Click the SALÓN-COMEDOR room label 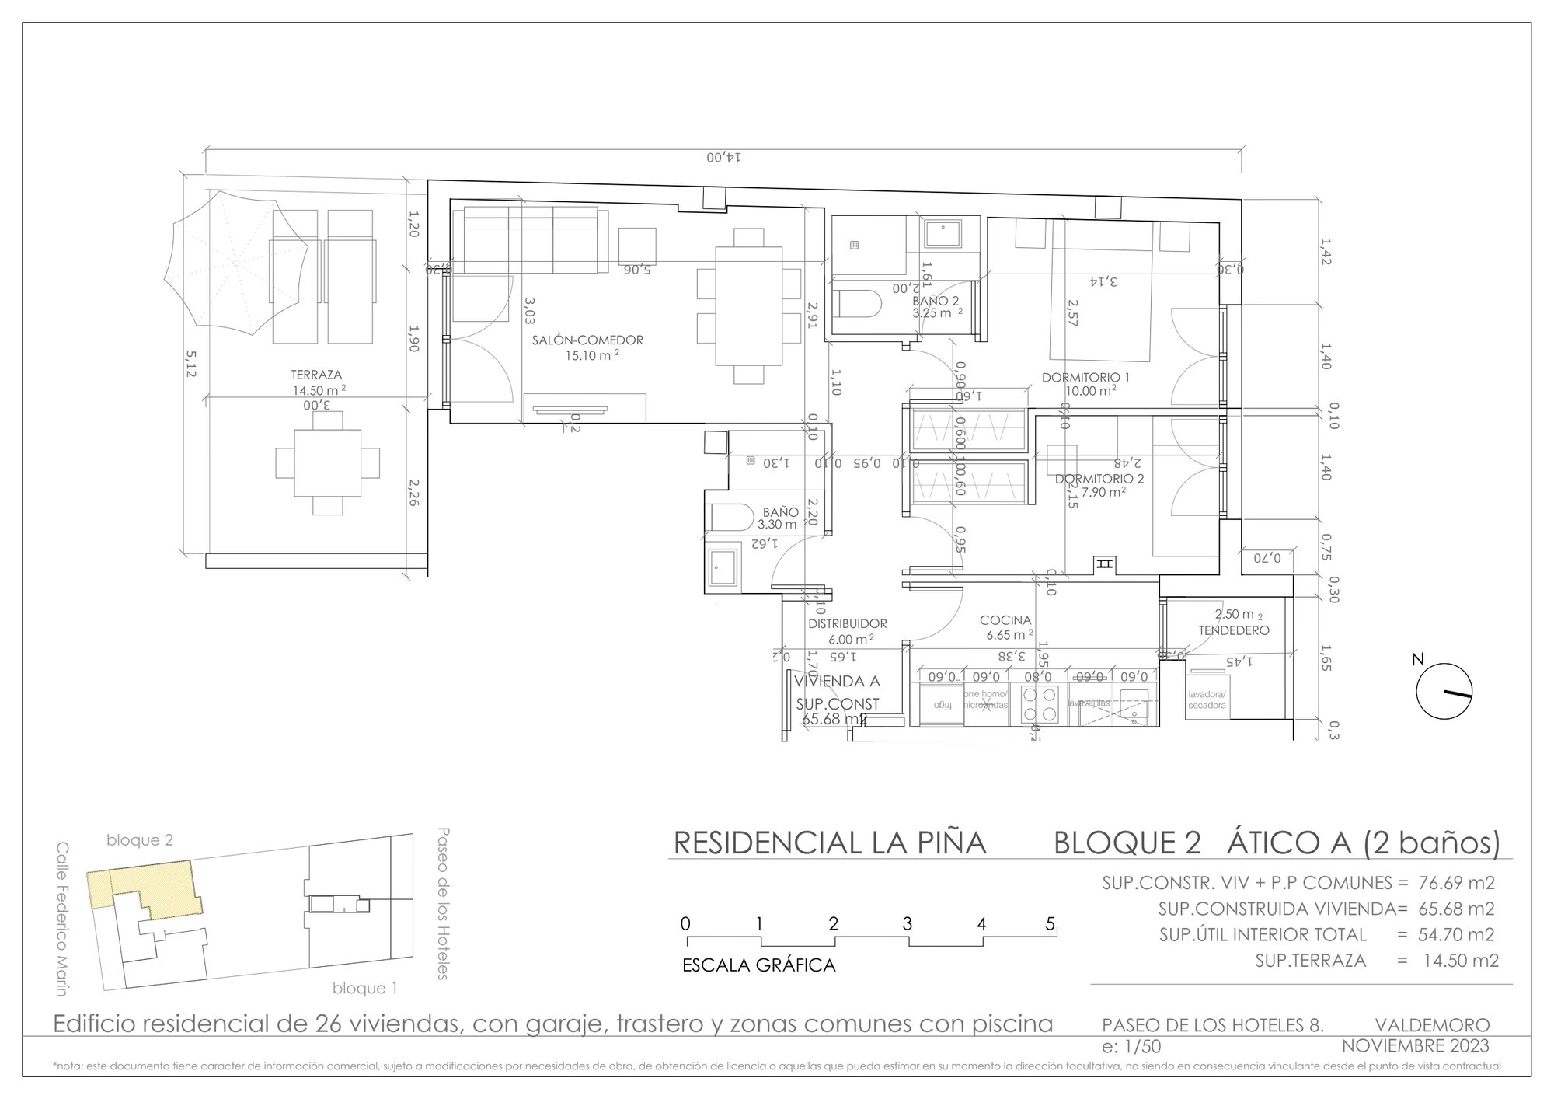point(587,340)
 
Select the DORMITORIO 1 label point(1085,378)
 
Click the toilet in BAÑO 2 point(859,304)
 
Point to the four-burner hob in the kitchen point(1039,705)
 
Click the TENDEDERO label point(1233,630)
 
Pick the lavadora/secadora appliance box point(1207,700)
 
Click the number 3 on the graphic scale point(907,925)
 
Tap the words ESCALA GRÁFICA point(758,966)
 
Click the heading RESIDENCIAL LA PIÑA point(829,843)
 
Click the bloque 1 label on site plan point(364,989)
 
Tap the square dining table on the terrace point(327,463)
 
